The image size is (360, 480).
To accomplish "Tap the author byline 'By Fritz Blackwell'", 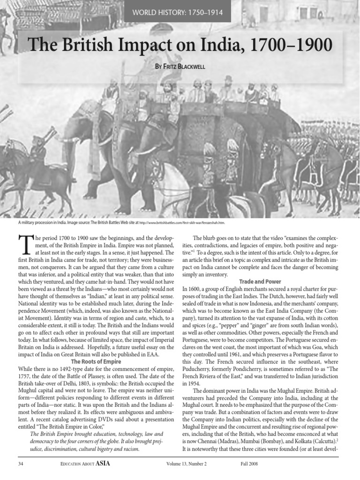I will [180, 67].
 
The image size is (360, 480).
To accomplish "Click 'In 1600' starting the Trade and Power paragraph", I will [190, 289].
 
